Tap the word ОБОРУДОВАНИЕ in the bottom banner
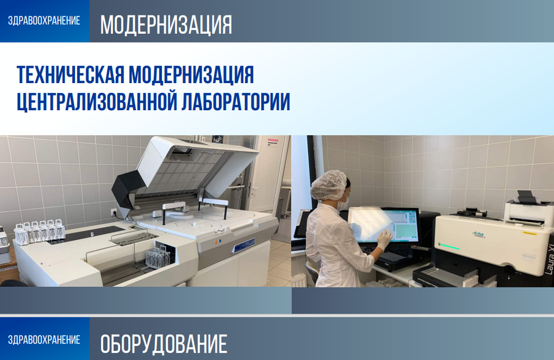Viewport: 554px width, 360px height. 163,343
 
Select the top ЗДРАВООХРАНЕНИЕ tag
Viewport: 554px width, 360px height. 44,20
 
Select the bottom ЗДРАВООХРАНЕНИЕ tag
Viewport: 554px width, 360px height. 44,339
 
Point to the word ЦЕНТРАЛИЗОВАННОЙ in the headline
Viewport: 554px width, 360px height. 95,101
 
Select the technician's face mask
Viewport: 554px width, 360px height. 345,201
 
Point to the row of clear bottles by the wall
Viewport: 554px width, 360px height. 39,230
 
